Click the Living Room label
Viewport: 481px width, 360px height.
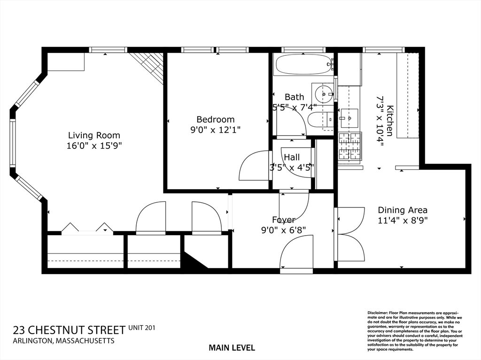[x=94, y=135]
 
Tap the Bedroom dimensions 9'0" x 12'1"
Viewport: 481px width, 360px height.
[x=215, y=130]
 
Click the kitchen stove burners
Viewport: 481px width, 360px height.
[x=350, y=147]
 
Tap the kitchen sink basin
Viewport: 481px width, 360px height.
[x=349, y=118]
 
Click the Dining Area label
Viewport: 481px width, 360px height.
[x=403, y=210]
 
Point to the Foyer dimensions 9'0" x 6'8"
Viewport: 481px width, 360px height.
[x=283, y=230]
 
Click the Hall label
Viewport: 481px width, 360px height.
[x=292, y=157]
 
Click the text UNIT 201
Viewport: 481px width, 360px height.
[x=142, y=328]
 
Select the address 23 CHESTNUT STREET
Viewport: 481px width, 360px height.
[x=70, y=330]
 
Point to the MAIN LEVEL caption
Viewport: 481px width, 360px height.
[x=232, y=348]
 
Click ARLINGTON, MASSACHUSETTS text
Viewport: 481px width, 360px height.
[x=63, y=341]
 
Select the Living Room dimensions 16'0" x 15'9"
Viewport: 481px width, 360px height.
[x=94, y=146]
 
